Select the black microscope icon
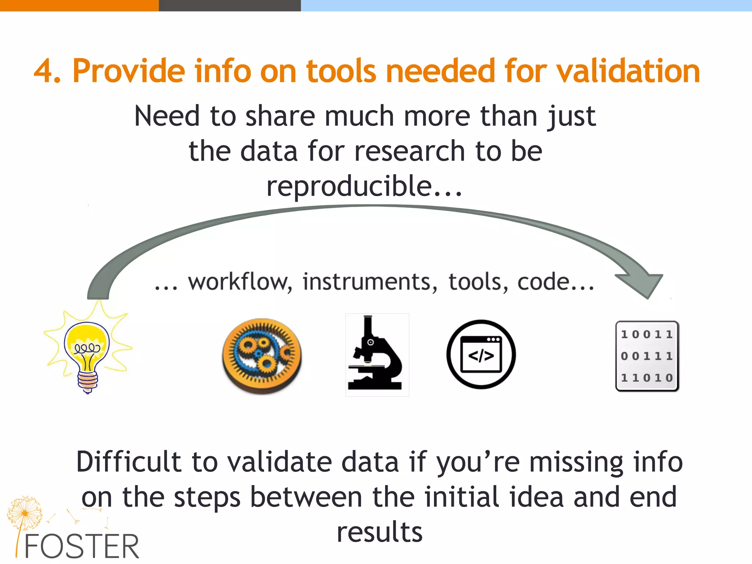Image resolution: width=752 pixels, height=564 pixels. pos(377,355)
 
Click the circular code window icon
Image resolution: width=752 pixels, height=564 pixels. pos(481,354)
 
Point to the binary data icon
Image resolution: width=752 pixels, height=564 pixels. pos(647,356)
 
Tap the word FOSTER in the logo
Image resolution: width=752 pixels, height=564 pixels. pos(82,547)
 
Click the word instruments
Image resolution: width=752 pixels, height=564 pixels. pos(369,282)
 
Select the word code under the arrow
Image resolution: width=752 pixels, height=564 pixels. pos(543,282)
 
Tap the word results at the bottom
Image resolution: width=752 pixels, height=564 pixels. pos(380,532)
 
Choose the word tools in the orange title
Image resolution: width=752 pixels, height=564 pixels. pos(341,71)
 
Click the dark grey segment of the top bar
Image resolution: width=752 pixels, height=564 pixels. pos(229,6)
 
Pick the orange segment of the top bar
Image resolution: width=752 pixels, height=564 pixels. pos(79,6)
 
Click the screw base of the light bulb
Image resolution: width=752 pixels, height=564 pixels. pos(87,382)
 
